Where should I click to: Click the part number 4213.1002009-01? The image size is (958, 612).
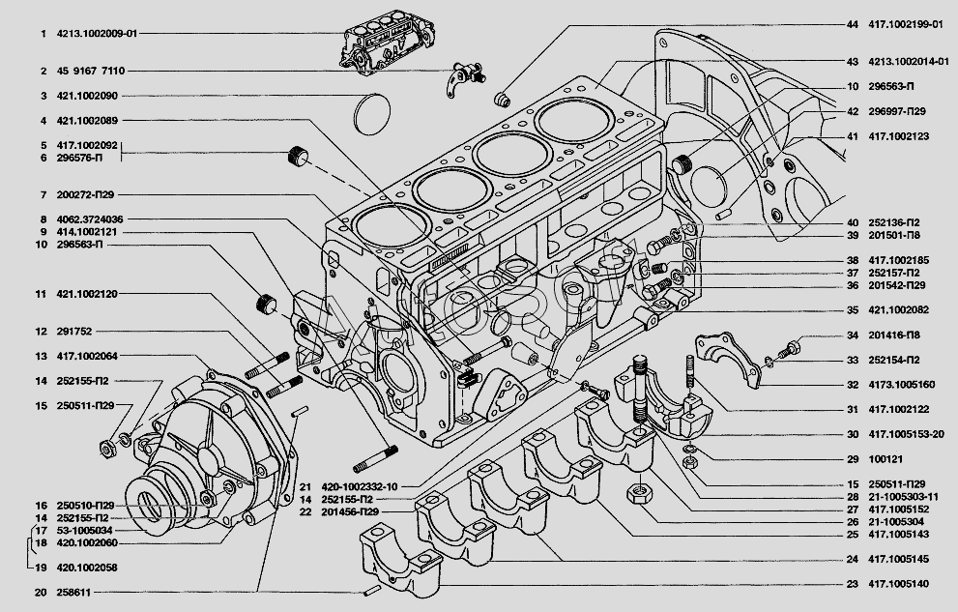(97, 34)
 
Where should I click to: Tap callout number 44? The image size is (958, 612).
(852, 24)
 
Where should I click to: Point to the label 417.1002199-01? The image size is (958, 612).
(905, 24)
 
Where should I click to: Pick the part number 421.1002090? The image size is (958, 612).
(87, 96)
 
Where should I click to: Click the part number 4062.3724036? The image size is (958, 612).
(90, 219)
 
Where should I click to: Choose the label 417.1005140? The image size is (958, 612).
(899, 584)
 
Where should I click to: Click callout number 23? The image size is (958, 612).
(852, 584)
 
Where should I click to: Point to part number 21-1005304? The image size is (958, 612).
(895, 521)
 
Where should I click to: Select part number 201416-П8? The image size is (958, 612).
(894, 335)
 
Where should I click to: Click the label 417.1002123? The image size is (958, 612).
(899, 136)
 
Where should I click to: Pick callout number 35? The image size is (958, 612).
(852, 310)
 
